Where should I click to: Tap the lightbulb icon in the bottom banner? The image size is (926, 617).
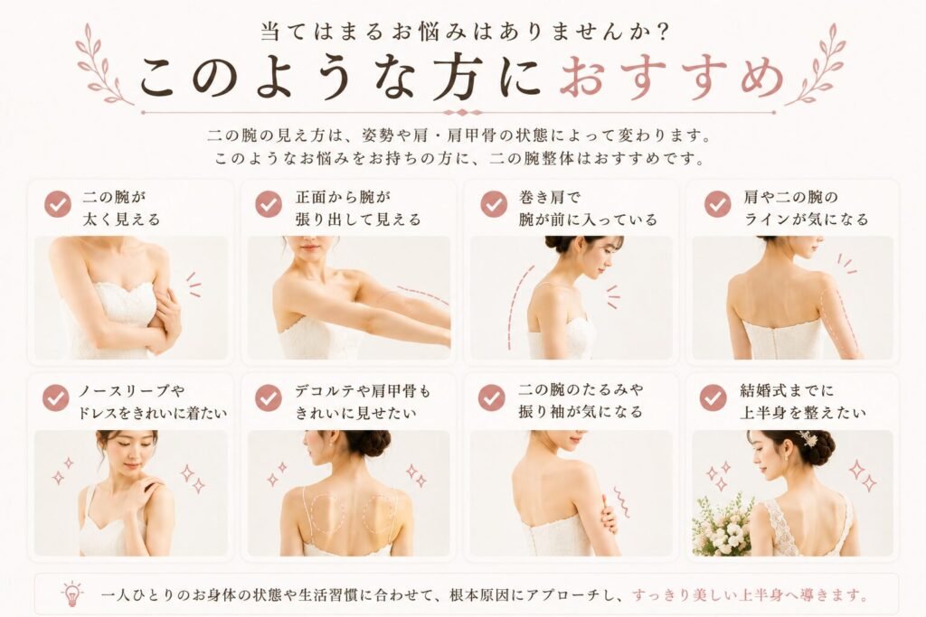(72, 594)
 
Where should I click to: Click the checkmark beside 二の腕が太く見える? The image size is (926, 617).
(58, 204)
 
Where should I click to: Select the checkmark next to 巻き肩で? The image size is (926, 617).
(494, 204)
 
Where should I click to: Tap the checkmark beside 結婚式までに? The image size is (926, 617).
(713, 398)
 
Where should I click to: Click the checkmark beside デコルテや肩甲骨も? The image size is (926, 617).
(269, 398)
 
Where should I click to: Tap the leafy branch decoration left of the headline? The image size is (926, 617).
(101, 65)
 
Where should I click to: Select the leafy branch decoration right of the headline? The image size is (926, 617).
(817, 65)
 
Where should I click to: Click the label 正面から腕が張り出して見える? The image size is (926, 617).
(358, 208)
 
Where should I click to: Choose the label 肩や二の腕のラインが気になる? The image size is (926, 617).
(806, 208)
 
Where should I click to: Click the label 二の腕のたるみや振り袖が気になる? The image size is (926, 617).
(581, 400)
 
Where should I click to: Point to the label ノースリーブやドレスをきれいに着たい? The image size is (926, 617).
(152, 402)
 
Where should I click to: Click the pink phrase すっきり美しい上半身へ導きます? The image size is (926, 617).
(750, 594)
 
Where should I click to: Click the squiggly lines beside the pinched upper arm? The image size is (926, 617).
(620, 502)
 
